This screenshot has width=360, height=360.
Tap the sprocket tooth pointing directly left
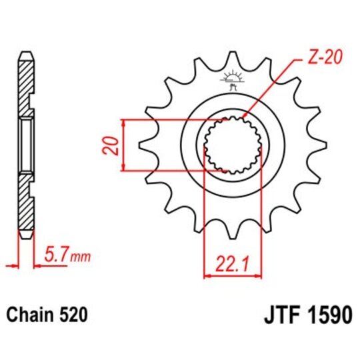click(x=141, y=144)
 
